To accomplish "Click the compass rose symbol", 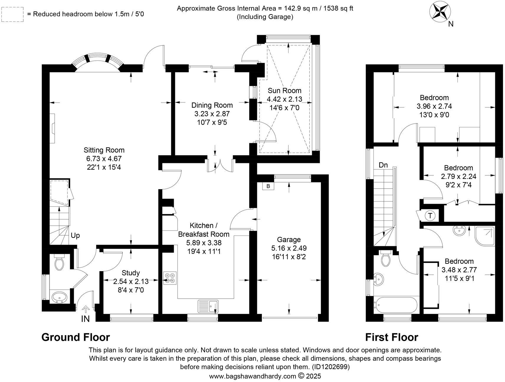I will (x=439, y=11).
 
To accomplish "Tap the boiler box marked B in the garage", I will (x=268, y=186).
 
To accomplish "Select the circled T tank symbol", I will (x=430, y=215).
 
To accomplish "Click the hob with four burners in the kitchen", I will (x=170, y=278).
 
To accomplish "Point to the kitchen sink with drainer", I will (x=208, y=306).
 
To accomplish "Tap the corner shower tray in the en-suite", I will (x=485, y=236).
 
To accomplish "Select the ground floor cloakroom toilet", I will (x=60, y=263).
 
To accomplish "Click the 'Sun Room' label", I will (x=284, y=90).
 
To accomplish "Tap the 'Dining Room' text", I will (x=212, y=105).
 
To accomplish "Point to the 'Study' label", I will (x=131, y=273).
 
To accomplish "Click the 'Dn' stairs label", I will (x=383, y=165).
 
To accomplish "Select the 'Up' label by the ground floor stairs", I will (x=75, y=236).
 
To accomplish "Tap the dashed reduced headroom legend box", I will (x=12, y=14).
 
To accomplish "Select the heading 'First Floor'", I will (x=391, y=337).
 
